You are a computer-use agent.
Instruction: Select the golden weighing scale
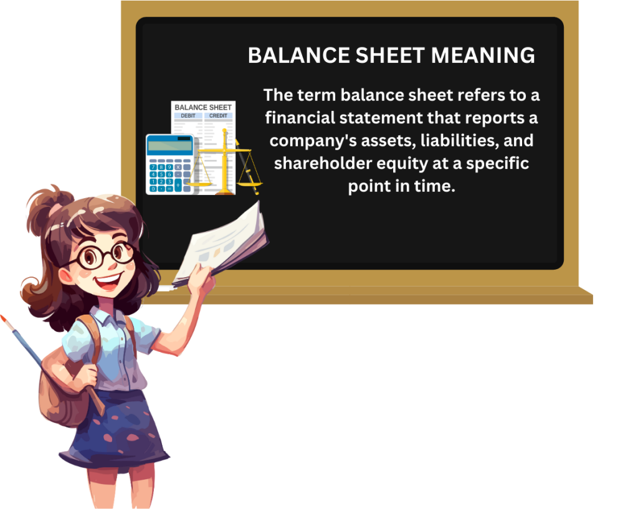click(x=224, y=162)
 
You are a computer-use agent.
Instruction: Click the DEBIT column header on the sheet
click(x=188, y=116)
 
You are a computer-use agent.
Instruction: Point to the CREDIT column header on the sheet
click(x=218, y=116)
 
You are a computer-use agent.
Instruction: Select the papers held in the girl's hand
click(x=224, y=243)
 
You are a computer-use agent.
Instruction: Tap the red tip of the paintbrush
click(x=4, y=319)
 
